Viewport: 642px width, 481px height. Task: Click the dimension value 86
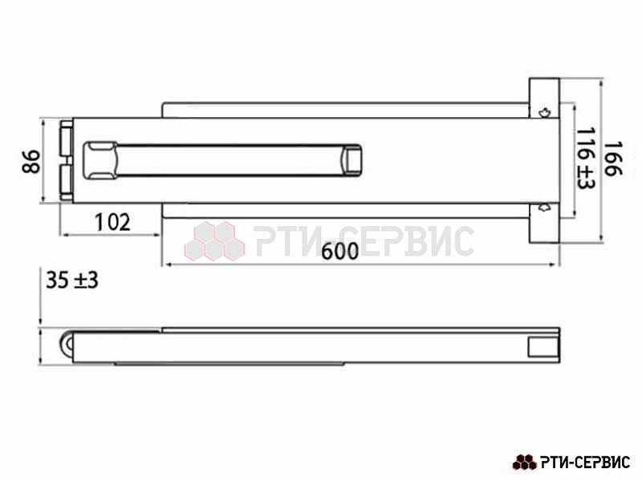[31, 162]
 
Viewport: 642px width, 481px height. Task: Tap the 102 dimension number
[112, 222]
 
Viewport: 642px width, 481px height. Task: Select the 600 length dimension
[339, 251]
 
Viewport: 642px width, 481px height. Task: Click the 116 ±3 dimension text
[585, 158]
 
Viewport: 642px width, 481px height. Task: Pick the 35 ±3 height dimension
[72, 281]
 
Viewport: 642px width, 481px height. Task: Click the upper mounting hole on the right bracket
[544, 112]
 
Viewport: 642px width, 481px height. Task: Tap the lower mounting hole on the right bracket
[544, 208]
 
